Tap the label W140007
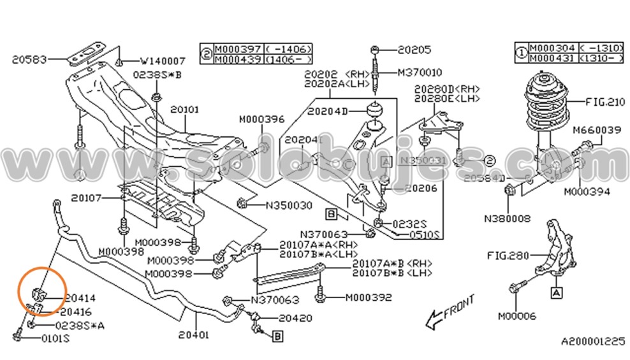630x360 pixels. point(163,61)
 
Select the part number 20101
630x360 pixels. point(185,110)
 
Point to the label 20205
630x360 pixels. point(414,48)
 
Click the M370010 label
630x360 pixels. point(420,73)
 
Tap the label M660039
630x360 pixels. point(597,131)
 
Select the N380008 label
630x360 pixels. point(507,218)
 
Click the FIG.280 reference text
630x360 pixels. point(509,256)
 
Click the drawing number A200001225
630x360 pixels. point(593,342)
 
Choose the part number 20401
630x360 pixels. point(194,333)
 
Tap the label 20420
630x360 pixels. point(295,317)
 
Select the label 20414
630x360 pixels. point(78,298)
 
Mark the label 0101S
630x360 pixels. point(55,338)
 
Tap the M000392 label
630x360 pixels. point(369,298)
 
